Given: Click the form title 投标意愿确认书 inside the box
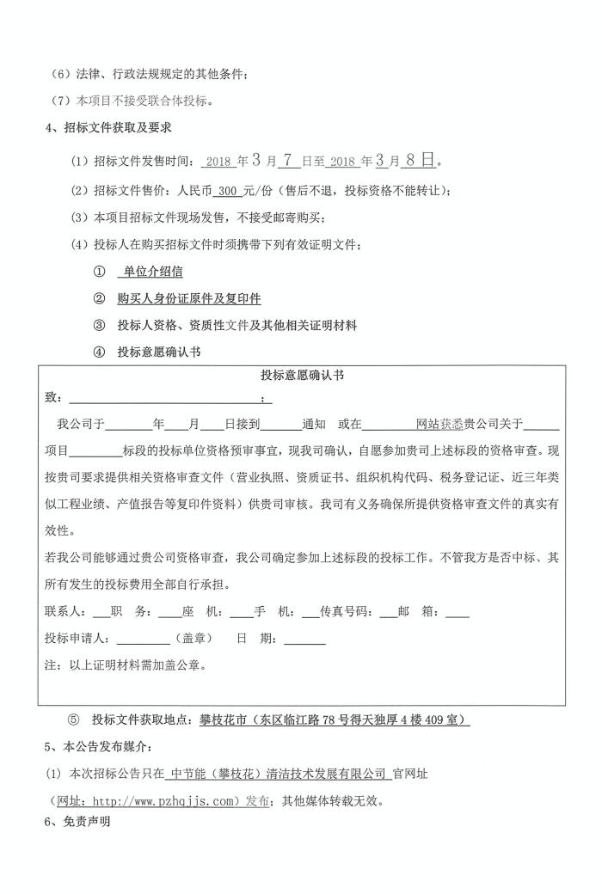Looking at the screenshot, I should pos(303,376).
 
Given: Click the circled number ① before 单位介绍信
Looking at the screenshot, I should pos(99,272).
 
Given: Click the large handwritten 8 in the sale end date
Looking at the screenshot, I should pos(412,160).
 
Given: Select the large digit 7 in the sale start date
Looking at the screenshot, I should pos(289,160).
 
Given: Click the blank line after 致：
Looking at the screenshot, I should pos(168,399).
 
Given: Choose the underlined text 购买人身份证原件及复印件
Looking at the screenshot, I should pos(189,299).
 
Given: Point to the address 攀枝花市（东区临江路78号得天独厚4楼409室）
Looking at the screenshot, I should pos(335,719).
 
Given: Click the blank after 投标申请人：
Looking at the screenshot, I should pos(144,639).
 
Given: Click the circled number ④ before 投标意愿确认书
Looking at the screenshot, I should pos(99,352).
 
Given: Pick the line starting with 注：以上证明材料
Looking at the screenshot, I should pos(125,664).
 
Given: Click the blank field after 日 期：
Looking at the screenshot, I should pos(304,639).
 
